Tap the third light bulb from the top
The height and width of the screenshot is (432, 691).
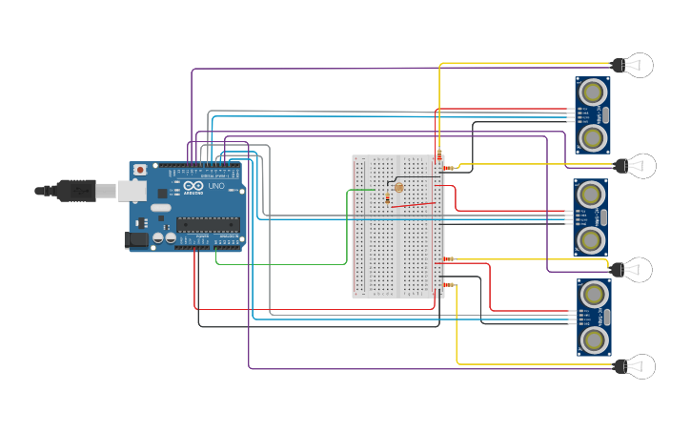635,270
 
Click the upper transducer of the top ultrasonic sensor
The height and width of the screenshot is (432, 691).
593,92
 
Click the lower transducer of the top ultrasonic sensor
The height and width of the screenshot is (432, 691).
593,138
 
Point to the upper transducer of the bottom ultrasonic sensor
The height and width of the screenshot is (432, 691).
594,294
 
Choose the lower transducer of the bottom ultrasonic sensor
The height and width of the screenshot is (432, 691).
594,340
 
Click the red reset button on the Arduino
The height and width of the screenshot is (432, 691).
140,170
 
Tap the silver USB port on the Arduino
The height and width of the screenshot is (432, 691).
132,191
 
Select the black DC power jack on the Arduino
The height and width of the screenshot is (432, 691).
138,240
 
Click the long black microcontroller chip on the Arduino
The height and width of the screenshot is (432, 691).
207,225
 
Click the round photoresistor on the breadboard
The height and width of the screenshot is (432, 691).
398,187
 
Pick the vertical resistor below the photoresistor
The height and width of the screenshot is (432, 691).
388,199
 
